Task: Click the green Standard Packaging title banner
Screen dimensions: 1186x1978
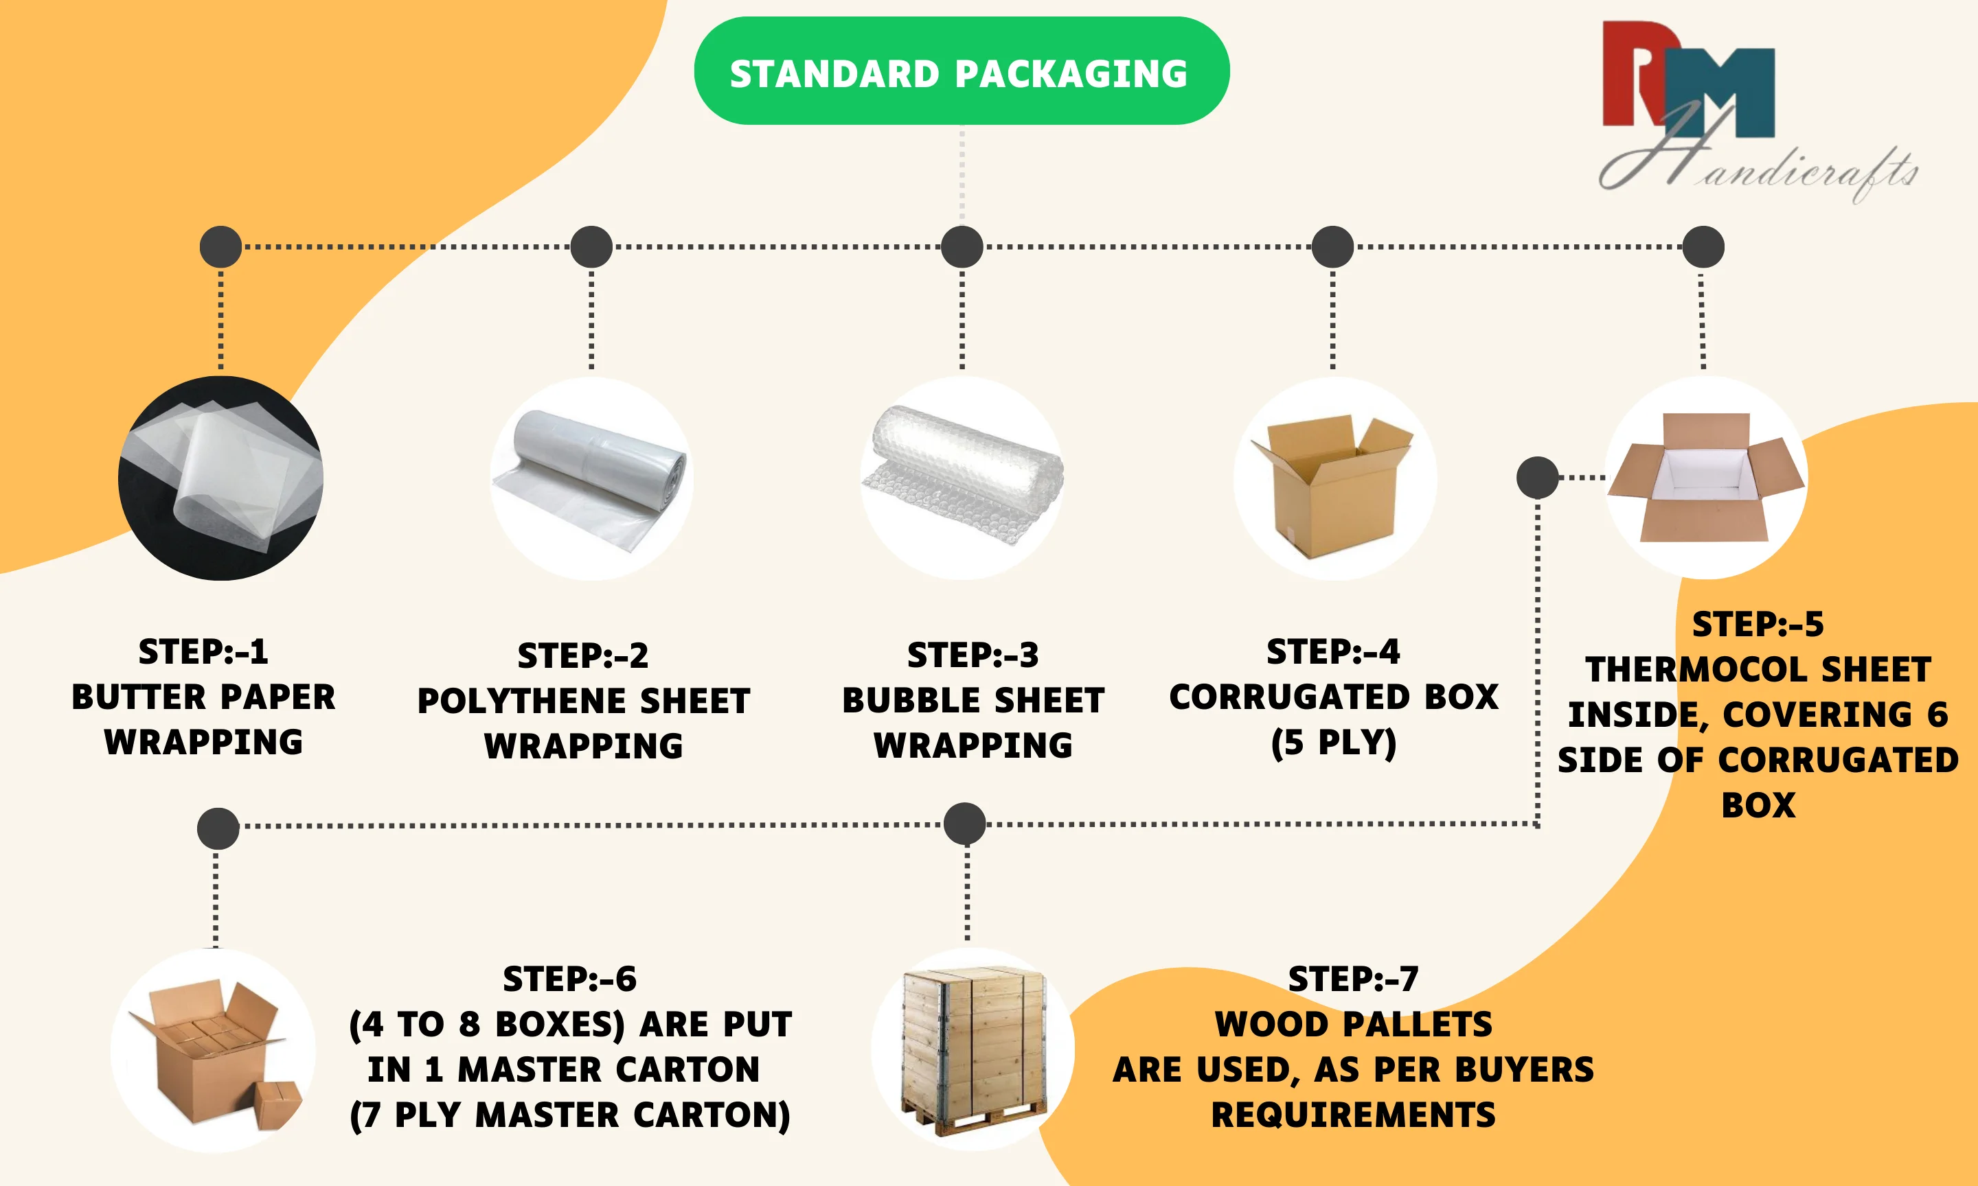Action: [961, 71]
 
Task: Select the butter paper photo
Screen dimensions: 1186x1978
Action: [220, 478]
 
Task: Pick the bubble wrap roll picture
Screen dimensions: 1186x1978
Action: [962, 478]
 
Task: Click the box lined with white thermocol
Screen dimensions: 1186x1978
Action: [1706, 478]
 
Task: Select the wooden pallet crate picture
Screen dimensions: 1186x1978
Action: [973, 1049]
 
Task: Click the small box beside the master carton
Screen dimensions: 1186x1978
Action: [277, 1104]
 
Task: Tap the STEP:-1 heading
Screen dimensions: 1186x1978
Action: [203, 651]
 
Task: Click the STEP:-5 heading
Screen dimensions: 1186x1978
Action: [1758, 624]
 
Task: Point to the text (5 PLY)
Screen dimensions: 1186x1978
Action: [1334, 743]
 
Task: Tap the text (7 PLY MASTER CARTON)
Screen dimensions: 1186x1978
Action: [570, 1115]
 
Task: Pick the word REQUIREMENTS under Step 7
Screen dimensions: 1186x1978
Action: [1353, 1115]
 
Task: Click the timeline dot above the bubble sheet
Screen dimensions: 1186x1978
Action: [962, 246]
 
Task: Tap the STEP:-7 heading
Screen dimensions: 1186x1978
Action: [1353, 979]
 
